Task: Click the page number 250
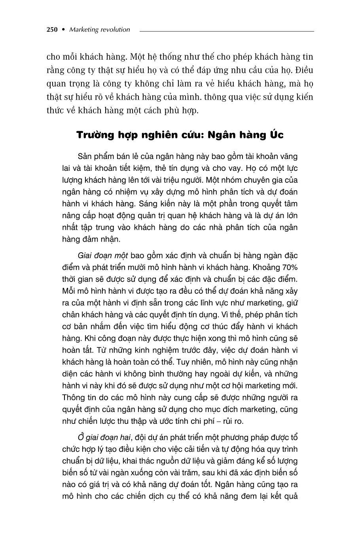point(52,30)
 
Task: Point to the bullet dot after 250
point(63,30)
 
